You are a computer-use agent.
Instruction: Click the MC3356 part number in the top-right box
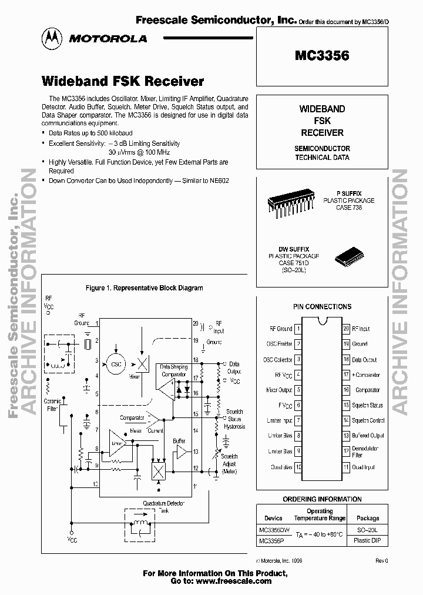click(x=321, y=56)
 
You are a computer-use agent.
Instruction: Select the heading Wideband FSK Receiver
click(x=122, y=81)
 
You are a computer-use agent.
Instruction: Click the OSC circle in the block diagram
click(x=115, y=364)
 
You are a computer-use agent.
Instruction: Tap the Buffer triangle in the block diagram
click(x=180, y=452)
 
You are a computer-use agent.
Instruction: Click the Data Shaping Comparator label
click(x=174, y=370)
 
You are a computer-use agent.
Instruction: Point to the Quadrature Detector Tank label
click(x=163, y=507)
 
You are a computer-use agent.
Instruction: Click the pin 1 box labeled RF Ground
click(x=298, y=329)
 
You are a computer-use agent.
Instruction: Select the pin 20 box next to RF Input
click(x=345, y=329)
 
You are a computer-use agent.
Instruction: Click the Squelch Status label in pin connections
click(x=367, y=405)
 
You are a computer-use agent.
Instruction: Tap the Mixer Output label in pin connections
click(x=279, y=390)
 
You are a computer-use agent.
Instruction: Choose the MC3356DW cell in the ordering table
click(x=273, y=530)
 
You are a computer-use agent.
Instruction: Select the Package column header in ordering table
click(x=368, y=519)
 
